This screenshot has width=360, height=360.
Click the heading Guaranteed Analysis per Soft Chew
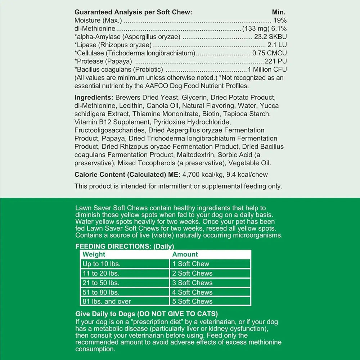pos(133,12)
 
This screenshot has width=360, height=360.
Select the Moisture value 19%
pos(280,20)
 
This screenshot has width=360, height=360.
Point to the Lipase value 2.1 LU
pos(277,45)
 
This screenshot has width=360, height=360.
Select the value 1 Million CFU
pos(267,69)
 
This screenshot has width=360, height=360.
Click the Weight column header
pos(94,254)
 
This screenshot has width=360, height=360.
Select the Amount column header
pos(185,254)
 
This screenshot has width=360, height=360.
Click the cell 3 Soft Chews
pos(192,283)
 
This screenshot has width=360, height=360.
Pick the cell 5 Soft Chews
pos(192,302)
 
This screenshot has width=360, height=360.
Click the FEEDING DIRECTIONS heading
pos(124,247)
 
